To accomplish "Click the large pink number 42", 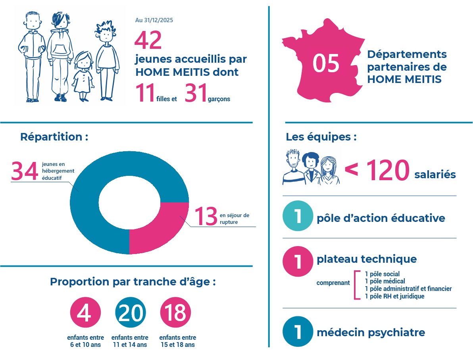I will click(148, 40).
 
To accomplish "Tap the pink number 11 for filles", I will click(145, 93).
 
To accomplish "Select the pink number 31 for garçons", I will click(196, 93).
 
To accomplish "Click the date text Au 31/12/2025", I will click(154, 20).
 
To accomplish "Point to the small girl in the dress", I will click(83, 75).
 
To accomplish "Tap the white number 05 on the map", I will click(326, 64).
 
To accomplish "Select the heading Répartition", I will click(54, 137).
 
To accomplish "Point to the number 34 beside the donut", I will click(25, 171).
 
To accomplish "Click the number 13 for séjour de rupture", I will click(206, 216).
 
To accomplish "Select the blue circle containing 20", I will click(131, 313).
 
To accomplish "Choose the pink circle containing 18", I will click(175, 313).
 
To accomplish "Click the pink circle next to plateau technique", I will click(298, 261).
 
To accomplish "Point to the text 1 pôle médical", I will click(385, 281).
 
